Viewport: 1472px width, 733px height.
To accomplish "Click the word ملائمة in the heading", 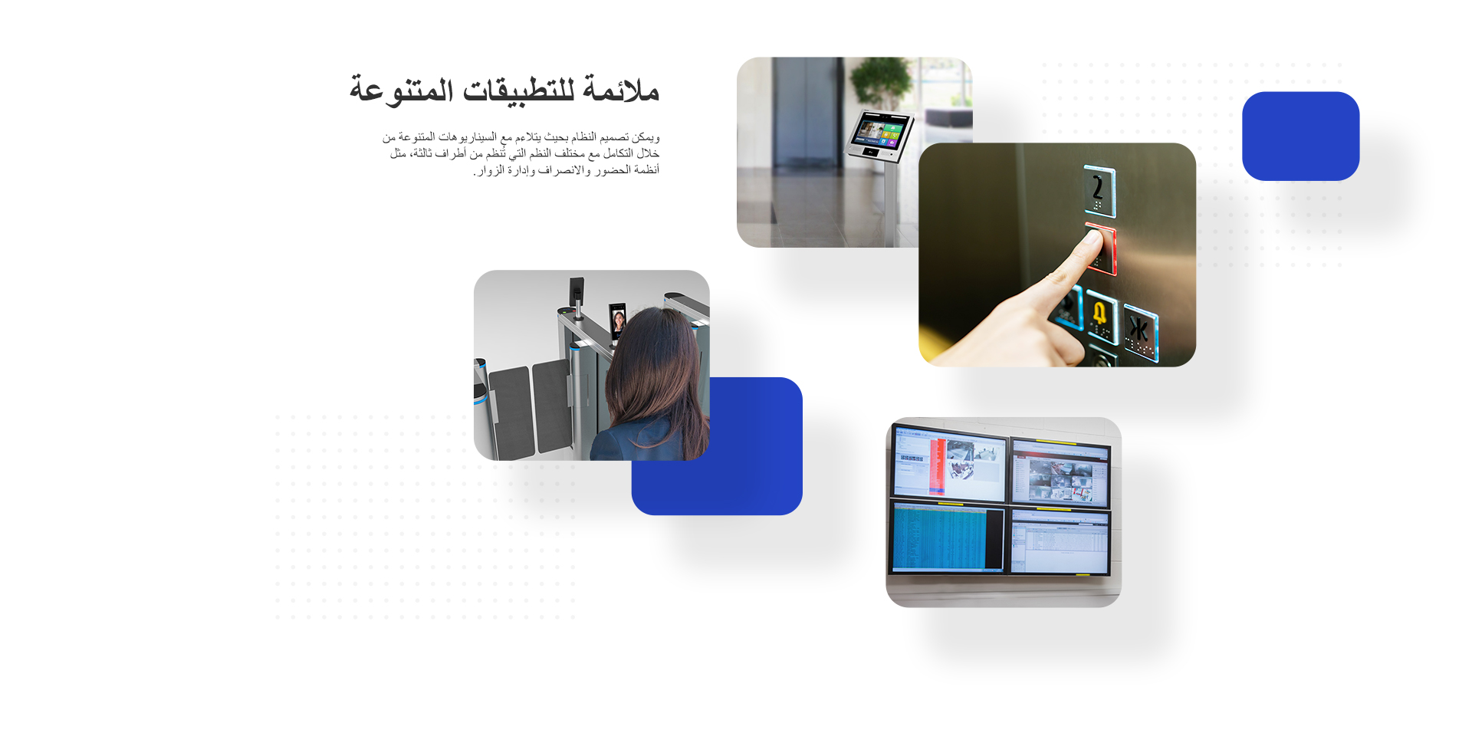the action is click(x=621, y=90).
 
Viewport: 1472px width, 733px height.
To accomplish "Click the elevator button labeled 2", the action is click(x=1099, y=190).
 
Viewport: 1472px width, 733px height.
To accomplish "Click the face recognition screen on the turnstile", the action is click(x=618, y=321).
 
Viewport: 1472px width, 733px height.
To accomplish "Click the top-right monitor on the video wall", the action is click(x=1061, y=472).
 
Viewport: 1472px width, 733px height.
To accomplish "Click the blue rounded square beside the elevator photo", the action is click(x=1300, y=136).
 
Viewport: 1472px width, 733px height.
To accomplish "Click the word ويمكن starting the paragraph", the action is click(x=646, y=137).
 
